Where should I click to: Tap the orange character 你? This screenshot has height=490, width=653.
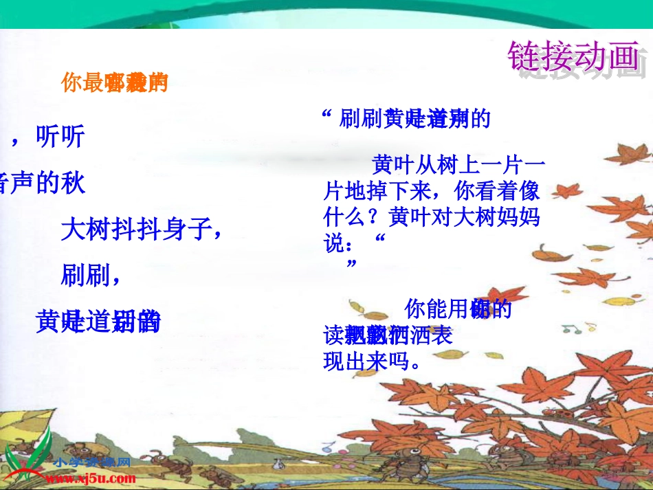pos(71,83)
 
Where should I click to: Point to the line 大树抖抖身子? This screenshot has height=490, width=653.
pos(140,230)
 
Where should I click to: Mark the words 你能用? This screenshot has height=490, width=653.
pos(437,309)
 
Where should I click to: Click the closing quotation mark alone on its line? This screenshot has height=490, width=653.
pos(352,264)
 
